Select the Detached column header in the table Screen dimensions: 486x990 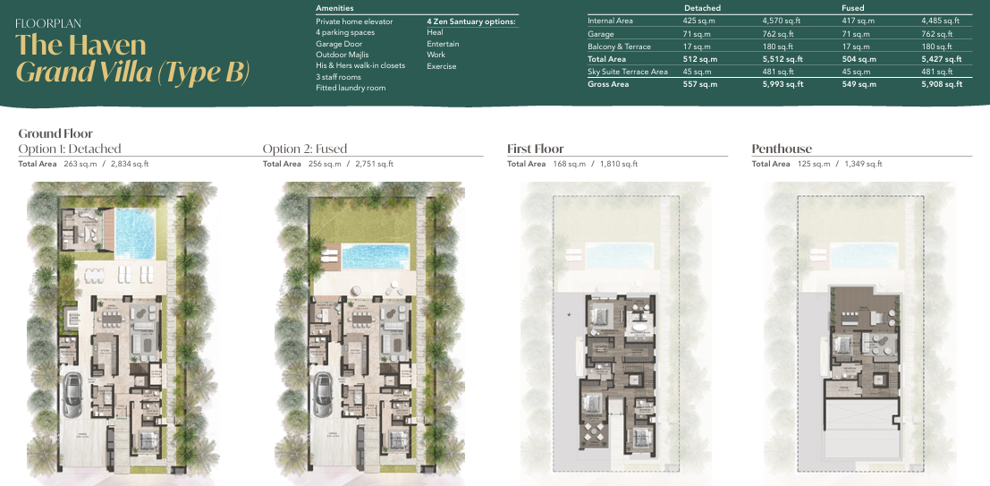tap(702, 8)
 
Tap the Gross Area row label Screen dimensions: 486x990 tap(608, 84)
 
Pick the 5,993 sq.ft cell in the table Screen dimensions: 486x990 tap(783, 84)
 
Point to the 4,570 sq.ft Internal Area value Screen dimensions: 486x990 tap(783, 21)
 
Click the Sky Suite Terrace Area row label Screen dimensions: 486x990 tap(627, 72)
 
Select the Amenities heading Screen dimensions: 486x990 tap(334, 8)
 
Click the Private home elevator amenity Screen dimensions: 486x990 tap(354, 21)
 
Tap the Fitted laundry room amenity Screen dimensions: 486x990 tap(351, 88)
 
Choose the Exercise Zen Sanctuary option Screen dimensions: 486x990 tap(442, 66)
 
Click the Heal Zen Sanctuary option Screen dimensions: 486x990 tap(435, 32)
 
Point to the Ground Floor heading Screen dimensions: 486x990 tap(55, 134)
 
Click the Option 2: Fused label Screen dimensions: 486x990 tap(305, 149)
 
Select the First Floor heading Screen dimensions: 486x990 tap(536, 149)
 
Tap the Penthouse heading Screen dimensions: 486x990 tap(782, 149)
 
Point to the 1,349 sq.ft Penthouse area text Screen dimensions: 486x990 tap(862, 164)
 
